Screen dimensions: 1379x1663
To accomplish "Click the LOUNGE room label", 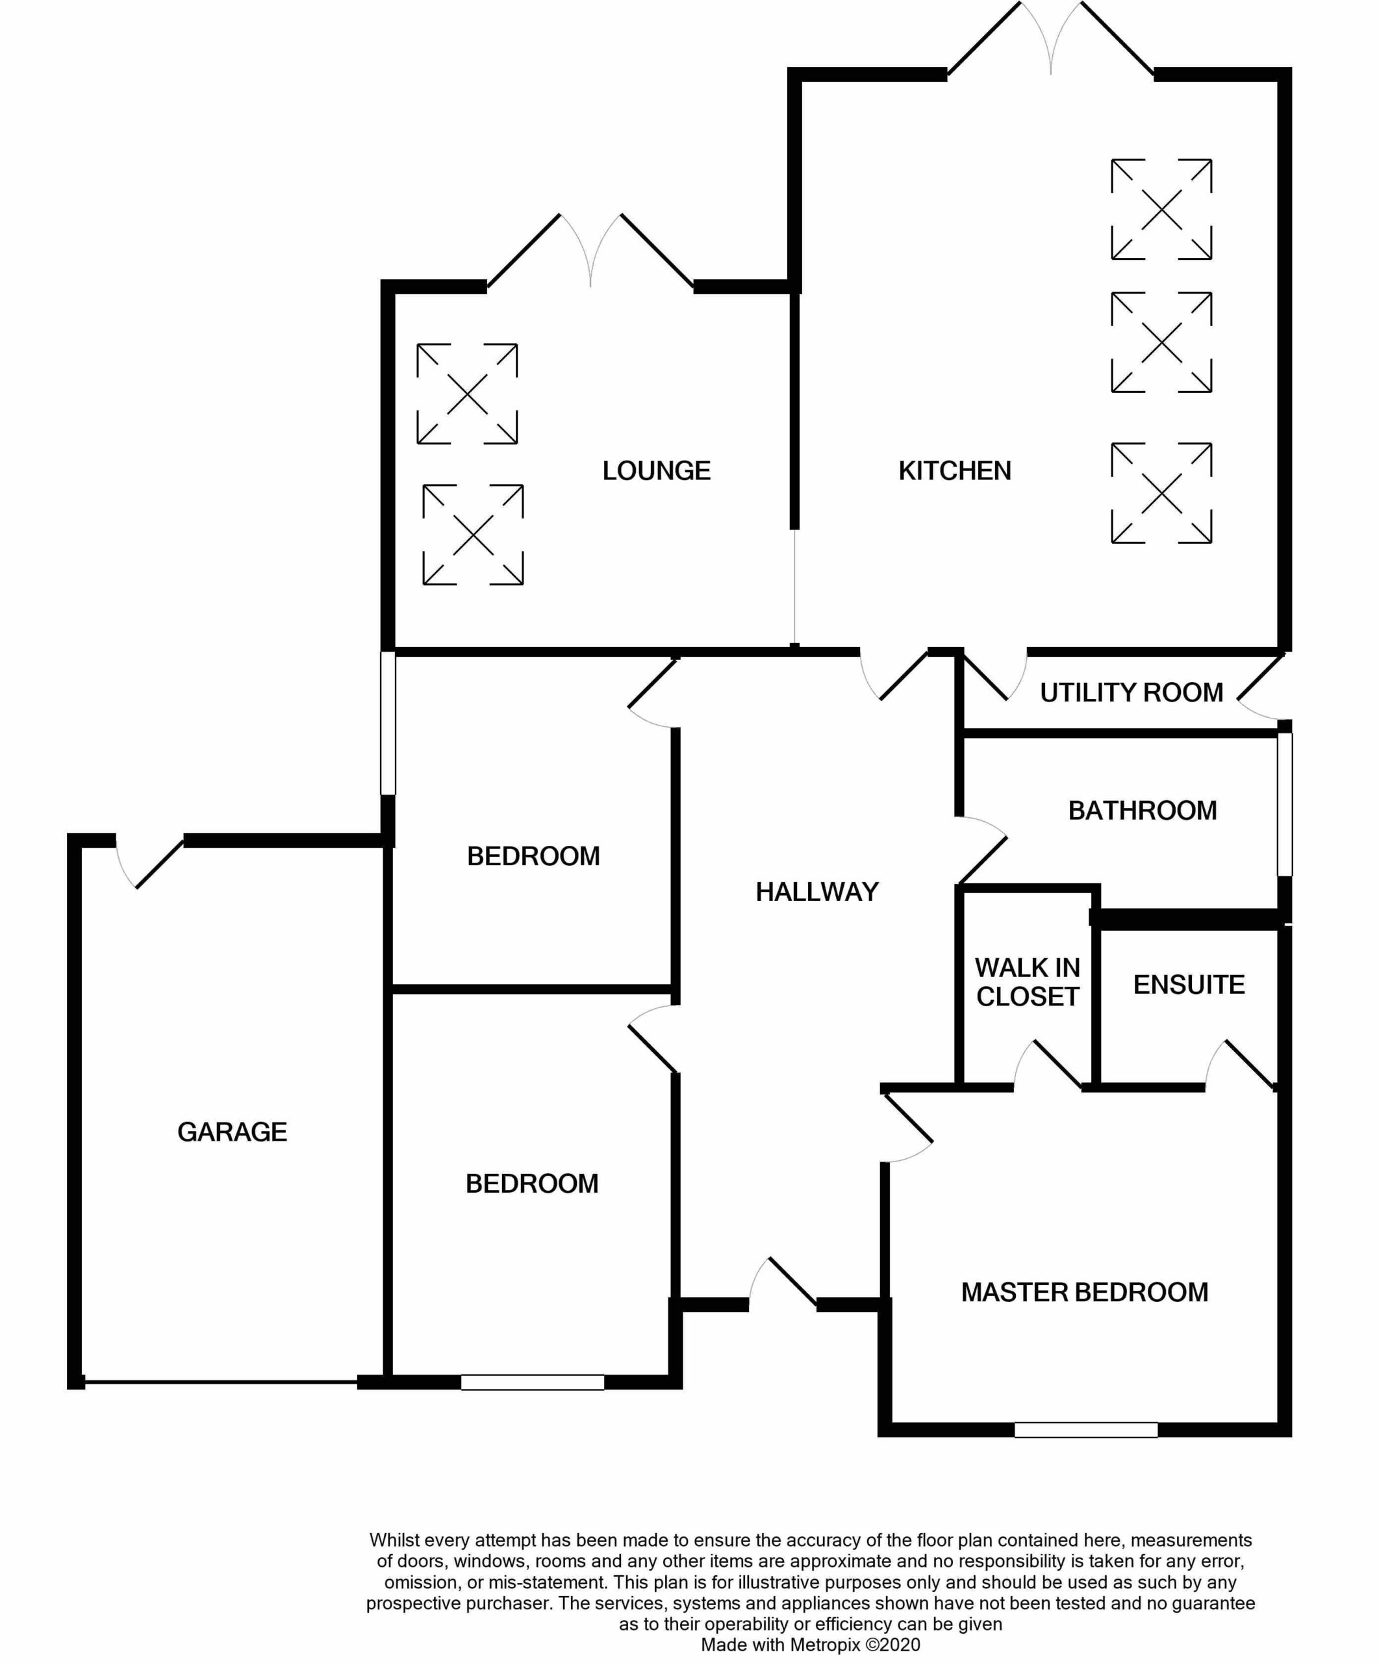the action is click(x=656, y=470).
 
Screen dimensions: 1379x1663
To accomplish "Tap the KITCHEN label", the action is click(x=955, y=470).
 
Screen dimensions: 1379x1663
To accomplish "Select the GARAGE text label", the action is click(x=232, y=1132).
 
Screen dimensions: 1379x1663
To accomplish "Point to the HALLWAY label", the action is click(x=817, y=892).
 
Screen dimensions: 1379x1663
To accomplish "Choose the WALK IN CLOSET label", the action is click(x=1028, y=982).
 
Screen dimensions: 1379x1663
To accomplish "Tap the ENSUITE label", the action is click(x=1189, y=984).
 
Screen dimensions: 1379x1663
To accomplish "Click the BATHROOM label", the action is click(x=1143, y=810).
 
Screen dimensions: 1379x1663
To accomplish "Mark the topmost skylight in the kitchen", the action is click(x=1161, y=209).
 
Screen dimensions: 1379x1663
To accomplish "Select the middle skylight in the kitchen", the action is click(x=1161, y=342).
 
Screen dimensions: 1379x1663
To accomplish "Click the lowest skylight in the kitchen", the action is click(x=1161, y=492).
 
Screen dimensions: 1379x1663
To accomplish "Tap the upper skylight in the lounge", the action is click(x=467, y=394).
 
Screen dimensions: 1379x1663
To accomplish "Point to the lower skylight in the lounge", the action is click(x=473, y=535).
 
